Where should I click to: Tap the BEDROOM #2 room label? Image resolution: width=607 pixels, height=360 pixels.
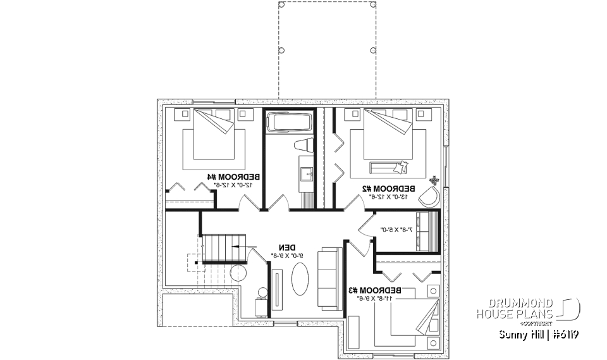pyautogui.click(x=389, y=189)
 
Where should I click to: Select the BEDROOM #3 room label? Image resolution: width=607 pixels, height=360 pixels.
pyautogui.click(x=379, y=290)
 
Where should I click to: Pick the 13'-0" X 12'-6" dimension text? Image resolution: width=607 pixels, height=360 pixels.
pyautogui.click(x=389, y=197)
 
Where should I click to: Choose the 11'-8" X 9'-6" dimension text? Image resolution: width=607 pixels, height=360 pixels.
pyautogui.click(x=379, y=298)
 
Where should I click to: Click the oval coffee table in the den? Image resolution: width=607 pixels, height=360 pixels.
pyautogui.click(x=299, y=278)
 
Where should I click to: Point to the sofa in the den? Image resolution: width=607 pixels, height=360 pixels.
pyautogui.click(x=329, y=278)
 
